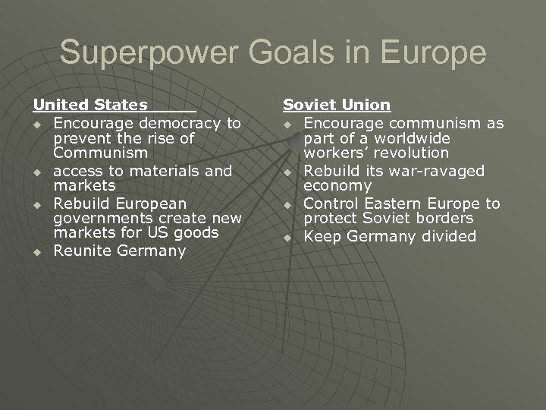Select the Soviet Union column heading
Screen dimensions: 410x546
337,106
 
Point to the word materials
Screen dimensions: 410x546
171,171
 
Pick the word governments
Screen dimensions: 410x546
104,219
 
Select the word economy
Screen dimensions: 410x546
337,186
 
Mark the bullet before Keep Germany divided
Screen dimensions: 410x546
287,237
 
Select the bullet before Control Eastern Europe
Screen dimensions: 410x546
287,203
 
